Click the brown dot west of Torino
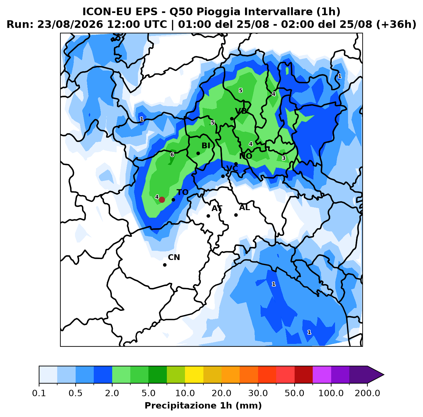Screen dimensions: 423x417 [x=162, y=200]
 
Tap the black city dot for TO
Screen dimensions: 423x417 [x=173, y=200]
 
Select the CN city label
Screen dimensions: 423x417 [x=174, y=257]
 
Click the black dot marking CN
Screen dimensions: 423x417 [x=165, y=265]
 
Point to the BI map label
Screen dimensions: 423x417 [x=206, y=146]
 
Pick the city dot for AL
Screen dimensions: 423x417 [x=236, y=215]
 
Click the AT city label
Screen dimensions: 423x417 [x=217, y=208]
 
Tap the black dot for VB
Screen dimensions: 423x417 [x=232, y=119]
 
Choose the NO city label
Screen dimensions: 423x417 [x=246, y=156]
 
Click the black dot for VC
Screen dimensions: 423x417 [x=223, y=176]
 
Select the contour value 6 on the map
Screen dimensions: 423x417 [x=172, y=154]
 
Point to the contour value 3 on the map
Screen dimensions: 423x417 [x=283, y=158]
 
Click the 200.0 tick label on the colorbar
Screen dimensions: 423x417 [x=367, y=393]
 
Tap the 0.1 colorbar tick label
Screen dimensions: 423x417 [x=39, y=393]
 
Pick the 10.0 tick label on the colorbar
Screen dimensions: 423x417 [x=185, y=393]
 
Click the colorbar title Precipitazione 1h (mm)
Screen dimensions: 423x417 [x=203, y=405]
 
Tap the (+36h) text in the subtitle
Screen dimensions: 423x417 [x=396, y=24]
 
